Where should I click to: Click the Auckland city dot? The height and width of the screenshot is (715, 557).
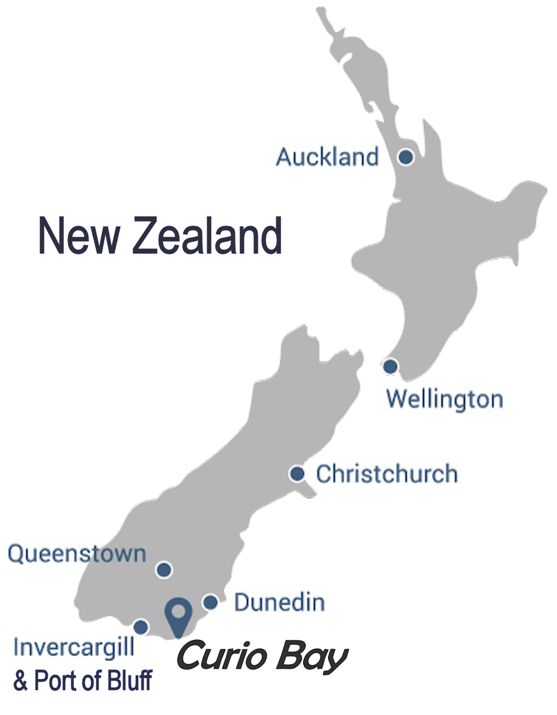pos(406,157)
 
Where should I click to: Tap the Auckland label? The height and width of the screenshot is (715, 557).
pos(327,157)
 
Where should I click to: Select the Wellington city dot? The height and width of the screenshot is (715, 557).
pos(390,366)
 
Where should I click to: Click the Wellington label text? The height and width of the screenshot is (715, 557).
pos(444,399)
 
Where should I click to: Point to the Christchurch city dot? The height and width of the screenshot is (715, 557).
pos(297,474)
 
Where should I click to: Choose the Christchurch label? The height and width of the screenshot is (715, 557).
pos(387,474)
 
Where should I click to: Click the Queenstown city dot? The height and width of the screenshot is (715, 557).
pos(164,570)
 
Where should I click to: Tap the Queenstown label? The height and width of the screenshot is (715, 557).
pos(77,554)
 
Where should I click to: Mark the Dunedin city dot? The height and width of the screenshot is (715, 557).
pos(210,602)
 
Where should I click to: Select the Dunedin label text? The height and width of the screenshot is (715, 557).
pos(279,602)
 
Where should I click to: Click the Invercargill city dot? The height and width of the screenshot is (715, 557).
pos(141,627)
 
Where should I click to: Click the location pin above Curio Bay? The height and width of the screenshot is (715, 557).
pos(178,615)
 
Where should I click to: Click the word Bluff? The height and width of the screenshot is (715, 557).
pos(127,680)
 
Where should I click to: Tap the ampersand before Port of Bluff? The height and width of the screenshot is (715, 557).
pos(21,681)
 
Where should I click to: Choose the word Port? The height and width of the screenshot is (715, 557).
pos(56,680)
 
